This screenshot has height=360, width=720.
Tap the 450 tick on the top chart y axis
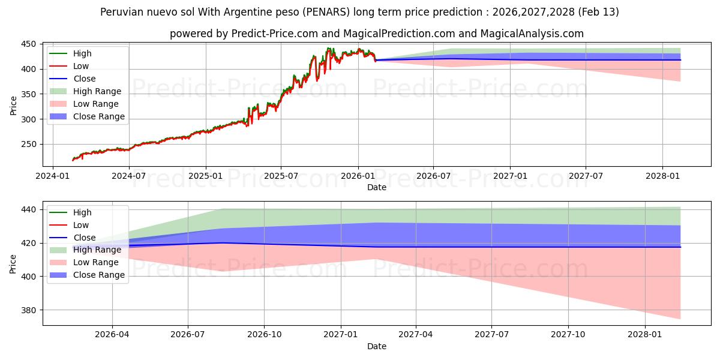coord(29,44)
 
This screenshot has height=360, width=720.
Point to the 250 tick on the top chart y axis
coord(29,145)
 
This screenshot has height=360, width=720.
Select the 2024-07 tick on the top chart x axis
coord(129,176)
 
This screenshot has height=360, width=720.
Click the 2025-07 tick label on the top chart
coord(281,176)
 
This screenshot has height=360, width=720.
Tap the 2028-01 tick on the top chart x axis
coord(662,176)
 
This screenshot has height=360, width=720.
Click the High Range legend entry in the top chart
coord(97,91)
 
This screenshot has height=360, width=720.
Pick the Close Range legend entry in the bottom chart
coord(99,275)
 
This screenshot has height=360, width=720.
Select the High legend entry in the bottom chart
coord(83,212)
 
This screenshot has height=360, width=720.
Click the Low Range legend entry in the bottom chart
coord(96,262)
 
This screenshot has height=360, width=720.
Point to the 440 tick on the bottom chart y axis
coord(29,209)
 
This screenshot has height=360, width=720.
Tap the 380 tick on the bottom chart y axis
coord(29,310)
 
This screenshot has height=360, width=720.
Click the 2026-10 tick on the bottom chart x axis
coord(265,335)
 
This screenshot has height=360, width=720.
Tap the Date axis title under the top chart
coord(377,187)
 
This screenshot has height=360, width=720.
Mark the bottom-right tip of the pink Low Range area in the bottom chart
coord(680,319)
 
